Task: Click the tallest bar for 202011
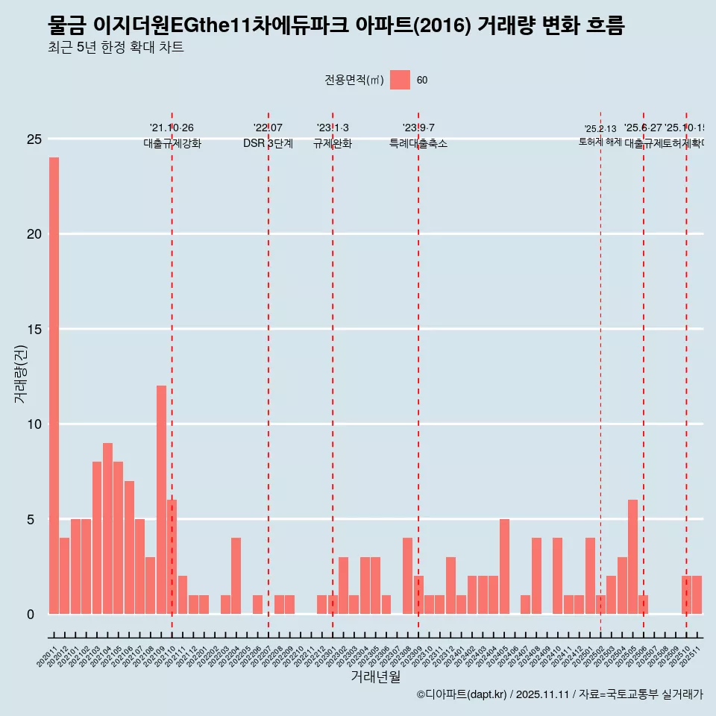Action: (54, 386)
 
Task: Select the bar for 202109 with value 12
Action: (161, 500)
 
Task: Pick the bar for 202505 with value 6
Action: (632, 556)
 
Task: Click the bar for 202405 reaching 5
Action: (504, 566)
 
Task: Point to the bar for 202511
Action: (697, 595)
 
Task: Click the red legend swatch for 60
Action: (400, 80)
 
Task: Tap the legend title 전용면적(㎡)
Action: (354, 81)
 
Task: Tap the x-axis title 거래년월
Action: (375, 677)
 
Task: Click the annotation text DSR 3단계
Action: (268, 143)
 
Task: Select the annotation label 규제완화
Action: (332, 143)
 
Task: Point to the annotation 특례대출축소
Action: (418, 143)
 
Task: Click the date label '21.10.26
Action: (172, 128)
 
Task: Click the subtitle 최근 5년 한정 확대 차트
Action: (115, 48)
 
